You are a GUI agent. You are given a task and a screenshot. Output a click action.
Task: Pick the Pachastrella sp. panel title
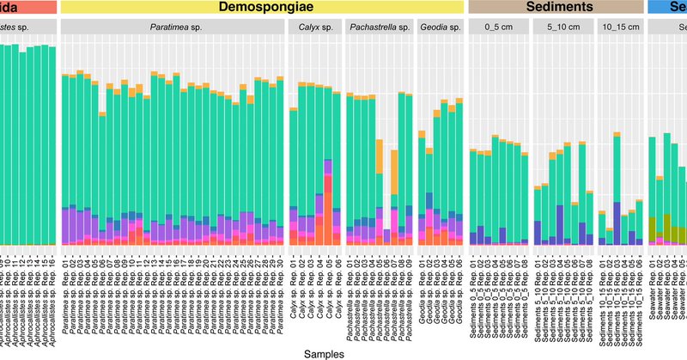pyautogui.click(x=379, y=27)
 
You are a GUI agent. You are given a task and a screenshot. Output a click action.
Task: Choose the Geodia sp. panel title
pyautogui.click(x=441, y=27)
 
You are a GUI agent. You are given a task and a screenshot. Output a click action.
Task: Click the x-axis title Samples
pyautogui.click(x=331, y=352)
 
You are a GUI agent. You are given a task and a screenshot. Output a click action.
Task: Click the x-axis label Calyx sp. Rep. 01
pyautogui.click(x=293, y=291)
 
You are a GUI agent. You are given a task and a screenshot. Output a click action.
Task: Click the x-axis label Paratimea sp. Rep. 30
pyautogui.click(x=279, y=293)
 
